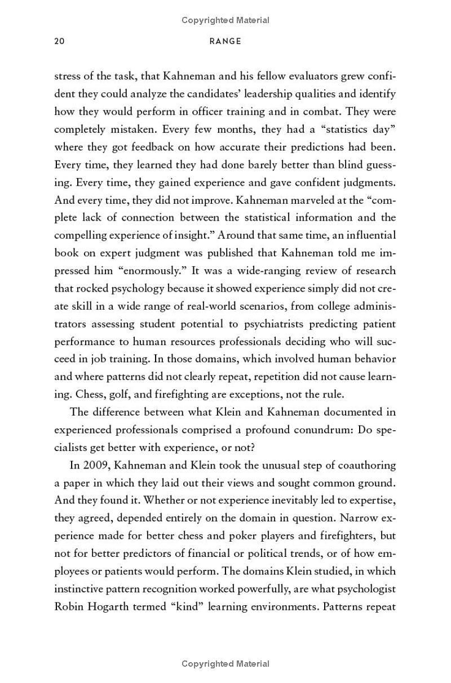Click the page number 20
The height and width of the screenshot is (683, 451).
click(60, 41)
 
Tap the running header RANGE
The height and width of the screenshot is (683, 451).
click(225, 41)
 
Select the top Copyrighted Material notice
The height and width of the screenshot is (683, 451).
click(225, 20)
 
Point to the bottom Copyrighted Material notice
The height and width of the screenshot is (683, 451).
click(225, 664)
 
